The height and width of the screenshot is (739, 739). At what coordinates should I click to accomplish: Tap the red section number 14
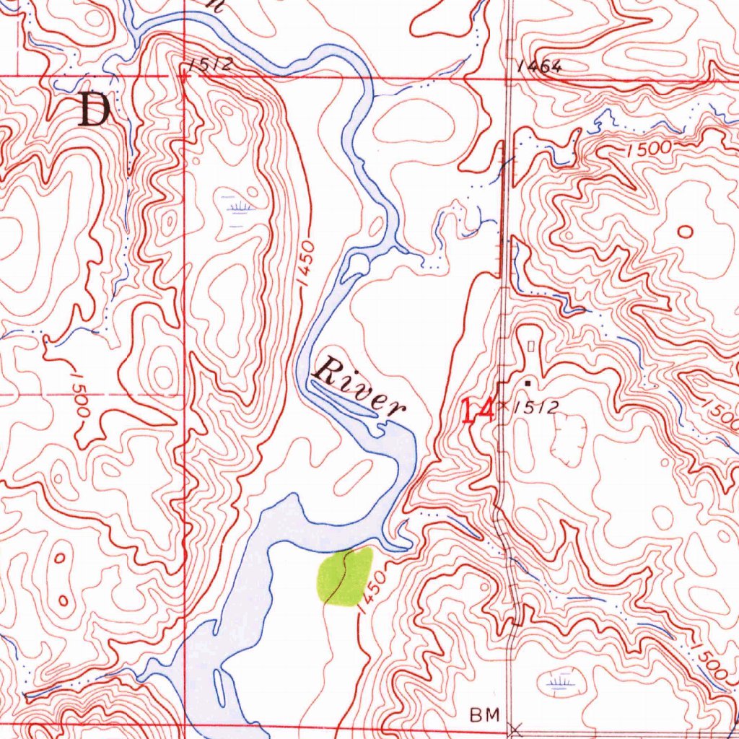pyautogui.click(x=477, y=411)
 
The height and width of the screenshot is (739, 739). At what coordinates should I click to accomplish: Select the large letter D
pyautogui.click(x=95, y=111)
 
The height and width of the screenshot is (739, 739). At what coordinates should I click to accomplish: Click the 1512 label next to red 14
pyautogui.click(x=535, y=408)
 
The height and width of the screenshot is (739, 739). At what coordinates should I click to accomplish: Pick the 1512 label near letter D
pyautogui.click(x=211, y=64)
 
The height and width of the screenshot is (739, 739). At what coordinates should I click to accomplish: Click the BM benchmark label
pyautogui.click(x=484, y=715)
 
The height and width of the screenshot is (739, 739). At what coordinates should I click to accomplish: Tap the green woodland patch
pyautogui.click(x=345, y=576)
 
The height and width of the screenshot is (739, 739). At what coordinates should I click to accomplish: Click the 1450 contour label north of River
pyautogui.click(x=307, y=264)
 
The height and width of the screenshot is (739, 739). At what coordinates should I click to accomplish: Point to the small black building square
pyautogui.click(x=528, y=383)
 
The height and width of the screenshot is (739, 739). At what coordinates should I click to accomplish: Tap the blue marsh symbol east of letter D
pyautogui.click(x=237, y=209)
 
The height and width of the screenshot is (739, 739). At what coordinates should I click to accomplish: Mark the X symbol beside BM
pyautogui.click(x=514, y=729)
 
